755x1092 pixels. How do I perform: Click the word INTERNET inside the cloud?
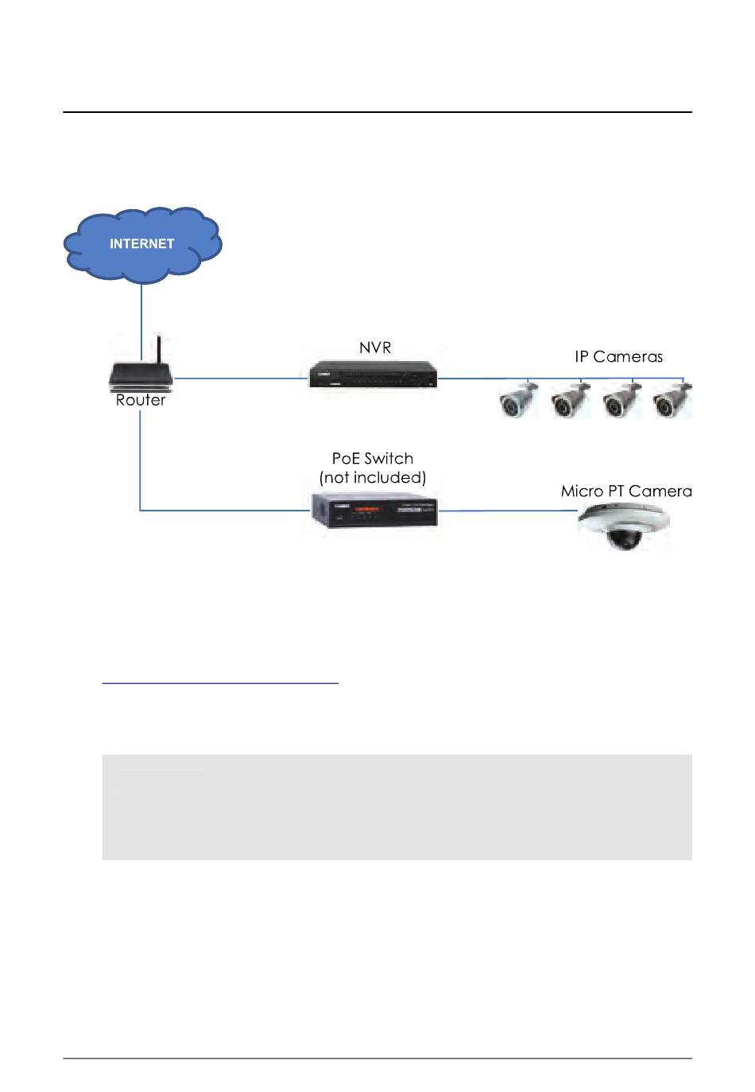pos(141,243)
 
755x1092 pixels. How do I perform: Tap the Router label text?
pos(141,400)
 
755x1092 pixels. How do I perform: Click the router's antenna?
pos(159,349)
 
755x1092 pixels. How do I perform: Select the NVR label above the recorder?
pos(374,348)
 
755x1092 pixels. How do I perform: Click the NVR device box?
pos(373,375)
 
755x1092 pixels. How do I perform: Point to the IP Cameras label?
pos(618,357)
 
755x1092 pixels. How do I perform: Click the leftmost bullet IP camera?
pos(518,400)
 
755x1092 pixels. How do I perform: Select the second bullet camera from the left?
pos(570,400)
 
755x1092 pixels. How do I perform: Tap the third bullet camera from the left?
pos(621,400)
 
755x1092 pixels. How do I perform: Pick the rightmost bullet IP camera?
pos(672,400)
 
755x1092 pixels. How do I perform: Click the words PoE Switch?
pos(373,459)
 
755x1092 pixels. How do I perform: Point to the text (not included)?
pos(373,478)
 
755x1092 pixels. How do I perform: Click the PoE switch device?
pos(374,510)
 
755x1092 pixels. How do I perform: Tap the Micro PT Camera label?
pos(626,492)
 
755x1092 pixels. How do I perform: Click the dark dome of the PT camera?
pos(624,540)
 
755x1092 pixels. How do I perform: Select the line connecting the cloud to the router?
pos(141,322)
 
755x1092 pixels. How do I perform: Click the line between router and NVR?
pos(241,378)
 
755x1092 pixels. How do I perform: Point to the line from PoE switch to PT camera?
pos(509,511)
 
